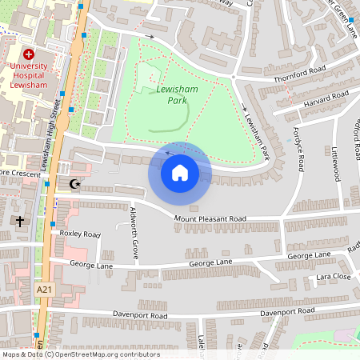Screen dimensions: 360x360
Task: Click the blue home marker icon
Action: pyautogui.click(x=180, y=172)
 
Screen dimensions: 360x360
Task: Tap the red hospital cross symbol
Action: pyautogui.click(x=29, y=52)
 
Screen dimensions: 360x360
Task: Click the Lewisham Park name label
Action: pyautogui.click(x=177, y=96)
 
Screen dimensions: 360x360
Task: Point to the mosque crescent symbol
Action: pyautogui.click(x=76, y=185)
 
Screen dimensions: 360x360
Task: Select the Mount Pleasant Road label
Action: pyautogui.click(x=222, y=218)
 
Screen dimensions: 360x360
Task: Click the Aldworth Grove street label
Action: pyautogui.click(x=134, y=233)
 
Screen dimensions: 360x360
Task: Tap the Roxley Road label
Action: pyautogui.click(x=80, y=234)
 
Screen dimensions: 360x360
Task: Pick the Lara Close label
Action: pyautogui.click(x=334, y=276)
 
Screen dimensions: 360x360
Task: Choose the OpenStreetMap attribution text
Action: pyautogui.click(x=81, y=354)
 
